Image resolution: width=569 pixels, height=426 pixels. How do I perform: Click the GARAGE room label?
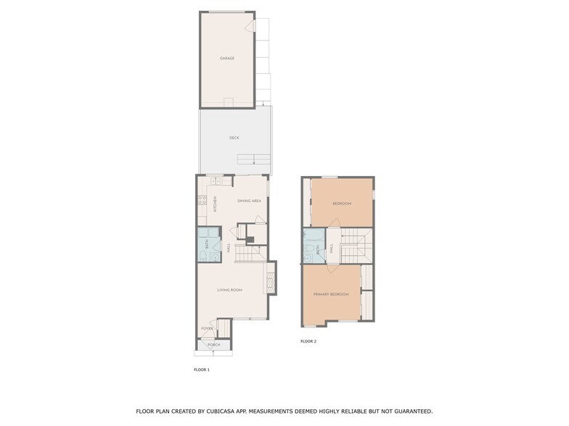(227, 58)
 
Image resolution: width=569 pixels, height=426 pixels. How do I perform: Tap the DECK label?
(234, 138)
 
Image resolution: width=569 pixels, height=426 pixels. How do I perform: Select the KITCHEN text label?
(215, 204)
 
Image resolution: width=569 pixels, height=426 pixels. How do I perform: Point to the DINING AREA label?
(249, 201)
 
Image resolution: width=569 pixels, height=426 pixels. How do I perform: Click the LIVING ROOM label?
(229, 290)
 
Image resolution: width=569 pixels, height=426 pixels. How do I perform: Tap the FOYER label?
(207, 328)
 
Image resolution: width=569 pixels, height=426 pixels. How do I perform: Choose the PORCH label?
(214, 345)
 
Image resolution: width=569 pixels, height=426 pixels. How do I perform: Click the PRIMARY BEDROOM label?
(331, 294)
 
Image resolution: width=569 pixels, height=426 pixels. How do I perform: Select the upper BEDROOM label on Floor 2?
(342, 204)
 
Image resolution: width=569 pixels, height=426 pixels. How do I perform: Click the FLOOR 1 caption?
(201, 369)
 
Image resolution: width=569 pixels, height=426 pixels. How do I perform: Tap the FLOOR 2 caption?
(308, 341)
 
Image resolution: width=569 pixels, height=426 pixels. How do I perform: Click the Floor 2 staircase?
(355, 246)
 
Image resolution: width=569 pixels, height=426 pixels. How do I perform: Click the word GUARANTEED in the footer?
(409, 412)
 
